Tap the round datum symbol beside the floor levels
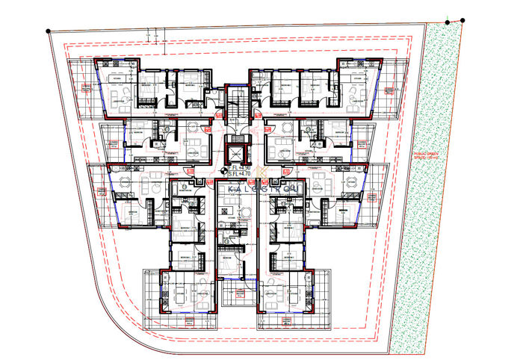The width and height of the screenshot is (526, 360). (223, 171)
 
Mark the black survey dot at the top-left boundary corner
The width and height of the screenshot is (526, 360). (49, 31)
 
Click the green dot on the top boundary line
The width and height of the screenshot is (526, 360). (448, 22)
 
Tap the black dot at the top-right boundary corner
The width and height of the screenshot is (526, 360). (462, 21)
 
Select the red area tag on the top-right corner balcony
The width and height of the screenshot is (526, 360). (389, 90)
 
